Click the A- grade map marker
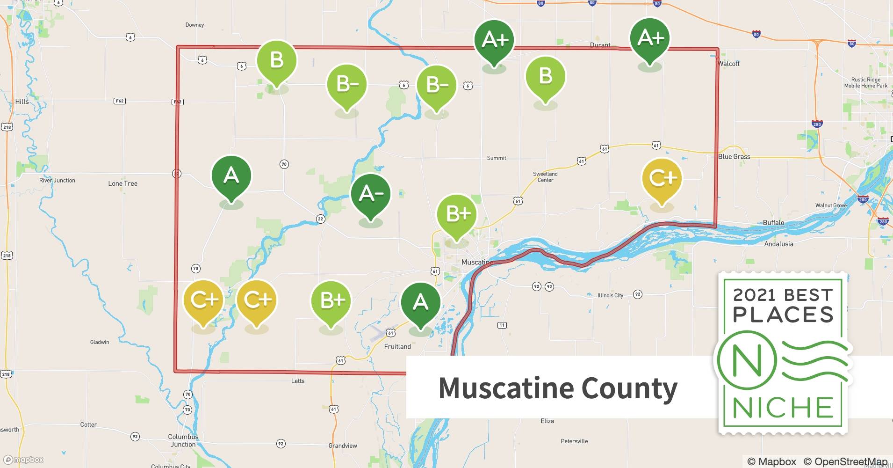coord(370,194)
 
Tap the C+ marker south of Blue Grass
coord(662,178)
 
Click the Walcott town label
coord(729,64)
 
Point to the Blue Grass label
coord(734,157)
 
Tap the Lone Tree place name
coord(122,183)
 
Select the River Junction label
coord(57,180)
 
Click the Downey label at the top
coord(194,25)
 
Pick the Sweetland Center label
coord(545,176)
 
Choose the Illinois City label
coord(610,295)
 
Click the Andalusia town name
coord(778,244)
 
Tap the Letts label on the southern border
coord(298,381)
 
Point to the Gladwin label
coord(100,342)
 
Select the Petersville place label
coord(574,441)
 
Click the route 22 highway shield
coord(320,219)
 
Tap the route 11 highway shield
coord(502,325)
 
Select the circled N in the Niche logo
coord(747,361)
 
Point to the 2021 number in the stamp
coord(756,295)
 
